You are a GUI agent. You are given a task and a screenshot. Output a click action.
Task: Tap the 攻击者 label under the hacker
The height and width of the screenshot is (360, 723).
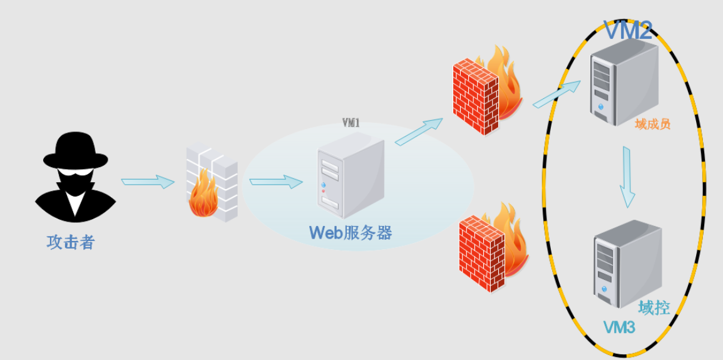(x=71, y=242)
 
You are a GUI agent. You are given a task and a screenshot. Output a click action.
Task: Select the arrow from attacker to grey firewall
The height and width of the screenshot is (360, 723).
(x=147, y=182)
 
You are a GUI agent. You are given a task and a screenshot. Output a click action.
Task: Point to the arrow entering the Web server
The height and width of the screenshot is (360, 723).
(x=275, y=182)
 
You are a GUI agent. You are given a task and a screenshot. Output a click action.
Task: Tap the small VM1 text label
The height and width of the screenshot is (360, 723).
(x=351, y=123)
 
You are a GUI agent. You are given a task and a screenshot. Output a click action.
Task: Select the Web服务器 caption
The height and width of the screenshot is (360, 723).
(x=351, y=233)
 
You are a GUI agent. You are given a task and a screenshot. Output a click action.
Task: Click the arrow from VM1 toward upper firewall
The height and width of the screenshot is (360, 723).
(x=419, y=132)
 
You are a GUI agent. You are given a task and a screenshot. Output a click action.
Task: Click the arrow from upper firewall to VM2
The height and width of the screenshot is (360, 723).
(x=556, y=94)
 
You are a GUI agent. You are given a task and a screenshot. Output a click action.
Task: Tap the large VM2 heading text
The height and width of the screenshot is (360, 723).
(x=627, y=30)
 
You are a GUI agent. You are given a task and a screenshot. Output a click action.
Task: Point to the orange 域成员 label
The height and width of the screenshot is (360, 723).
(x=652, y=124)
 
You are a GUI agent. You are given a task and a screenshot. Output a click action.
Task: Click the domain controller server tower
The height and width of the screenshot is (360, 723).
(x=626, y=263)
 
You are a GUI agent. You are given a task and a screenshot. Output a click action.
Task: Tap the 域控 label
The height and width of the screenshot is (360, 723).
(x=654, y=307)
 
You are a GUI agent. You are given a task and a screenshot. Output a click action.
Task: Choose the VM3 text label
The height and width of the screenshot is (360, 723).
(x=619, y=327)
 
